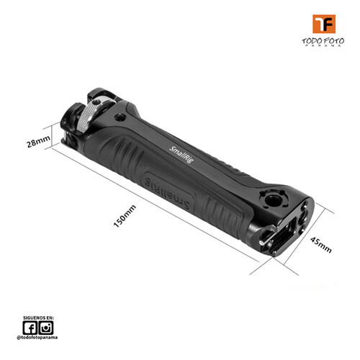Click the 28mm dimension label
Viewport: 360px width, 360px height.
click(x=38, y=141)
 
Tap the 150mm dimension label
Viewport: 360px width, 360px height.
click(x=125, y=216)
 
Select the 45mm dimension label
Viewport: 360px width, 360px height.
click(x=321, y=245)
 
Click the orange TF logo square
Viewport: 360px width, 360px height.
click(x=324, y=24)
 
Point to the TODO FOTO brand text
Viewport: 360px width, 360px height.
click(x=323, y=41)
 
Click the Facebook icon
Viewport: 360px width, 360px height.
click(x=30, y=328)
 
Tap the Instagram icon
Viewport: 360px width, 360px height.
click(x=46, y=328)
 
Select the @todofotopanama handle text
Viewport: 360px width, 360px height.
click(x=37, y=338)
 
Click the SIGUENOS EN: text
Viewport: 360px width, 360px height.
click(x=38, y=318)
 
